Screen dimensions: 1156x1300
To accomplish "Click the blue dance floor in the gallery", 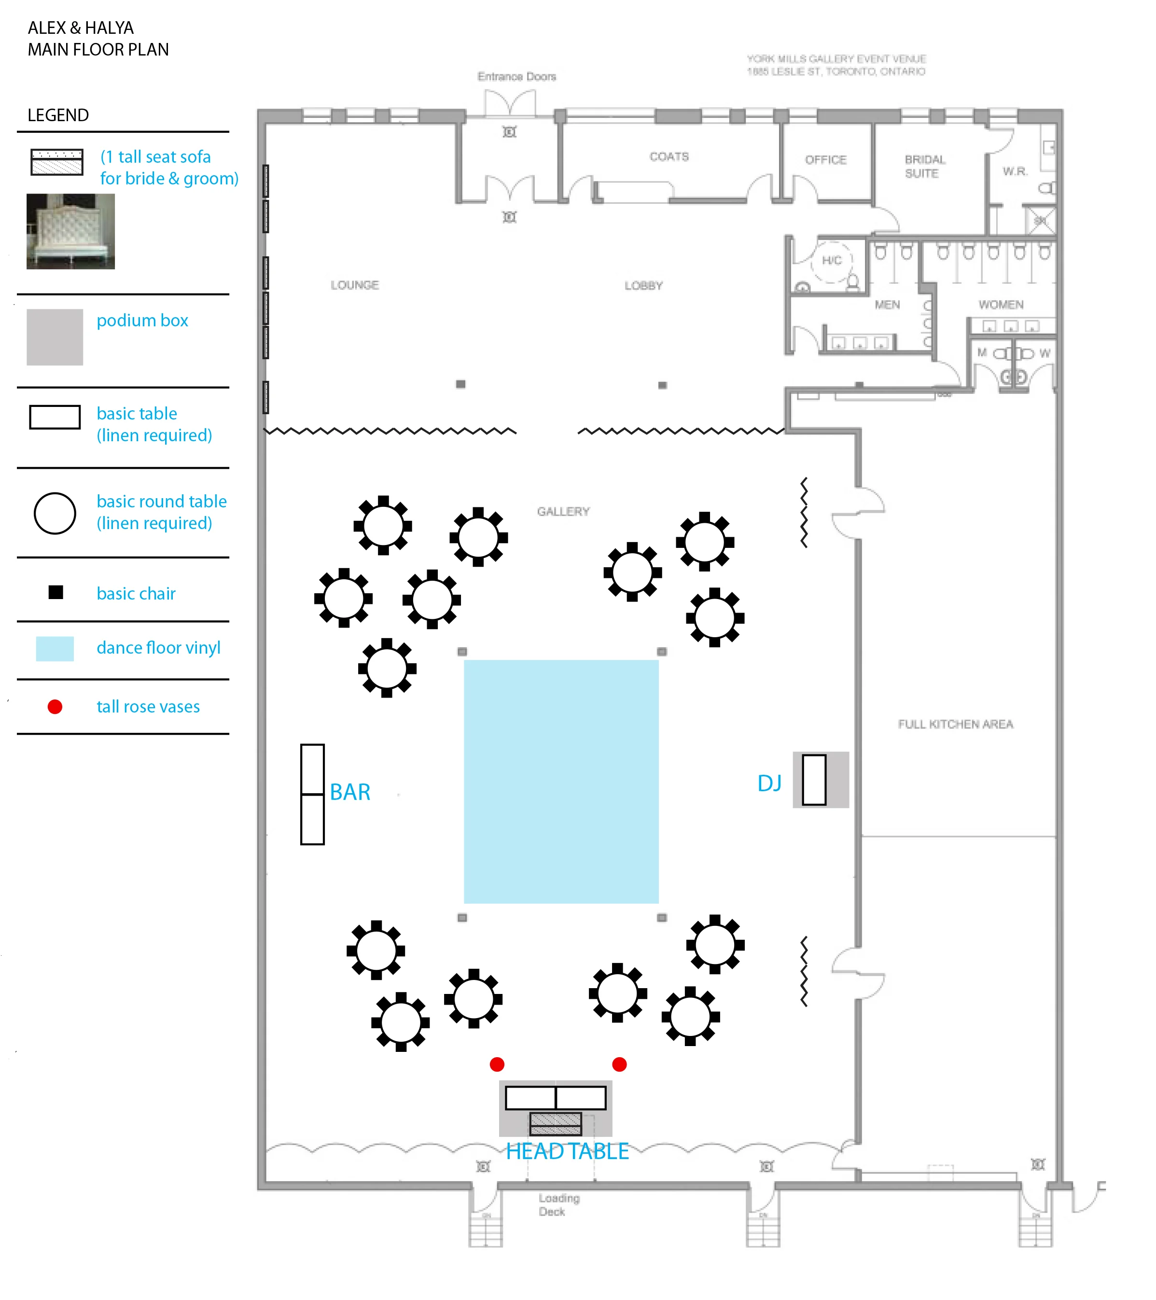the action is [x=561, y=781].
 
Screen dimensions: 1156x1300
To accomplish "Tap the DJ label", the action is [x=769, y=783].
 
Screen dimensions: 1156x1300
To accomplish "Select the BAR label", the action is [x=350, y=792].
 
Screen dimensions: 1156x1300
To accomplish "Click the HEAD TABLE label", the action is [x=567, y=1151].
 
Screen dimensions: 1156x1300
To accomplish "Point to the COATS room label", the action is [x=669, y=156].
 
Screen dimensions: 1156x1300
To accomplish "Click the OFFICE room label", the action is [x=825, y=160].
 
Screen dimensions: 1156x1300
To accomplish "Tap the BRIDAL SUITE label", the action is [x=924, y=166].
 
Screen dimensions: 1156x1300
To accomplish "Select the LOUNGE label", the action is [x=354, y=285].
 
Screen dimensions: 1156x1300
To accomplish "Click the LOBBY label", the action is [x=643, y=286].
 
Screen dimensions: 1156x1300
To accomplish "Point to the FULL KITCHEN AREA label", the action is [x=955, y=724].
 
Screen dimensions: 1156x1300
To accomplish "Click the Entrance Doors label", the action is [x=516, y=76].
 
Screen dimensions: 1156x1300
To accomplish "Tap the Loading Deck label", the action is [x=559, y=1204].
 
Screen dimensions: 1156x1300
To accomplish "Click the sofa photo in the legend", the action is [x=70, y=232].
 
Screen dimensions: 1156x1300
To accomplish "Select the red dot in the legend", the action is [x=56, y=707].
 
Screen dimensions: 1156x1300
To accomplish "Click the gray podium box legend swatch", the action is [x=55, y=337].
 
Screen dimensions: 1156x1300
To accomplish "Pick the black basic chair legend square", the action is [x=56, y=593].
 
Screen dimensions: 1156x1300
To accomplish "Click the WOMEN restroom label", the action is [x=1001, y=305].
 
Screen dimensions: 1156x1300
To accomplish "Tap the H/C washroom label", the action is [x=831, y=260].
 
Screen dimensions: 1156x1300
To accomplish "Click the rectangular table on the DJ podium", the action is [x=814, y=780].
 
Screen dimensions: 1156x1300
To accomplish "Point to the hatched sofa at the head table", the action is [x=555, y=1124].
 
